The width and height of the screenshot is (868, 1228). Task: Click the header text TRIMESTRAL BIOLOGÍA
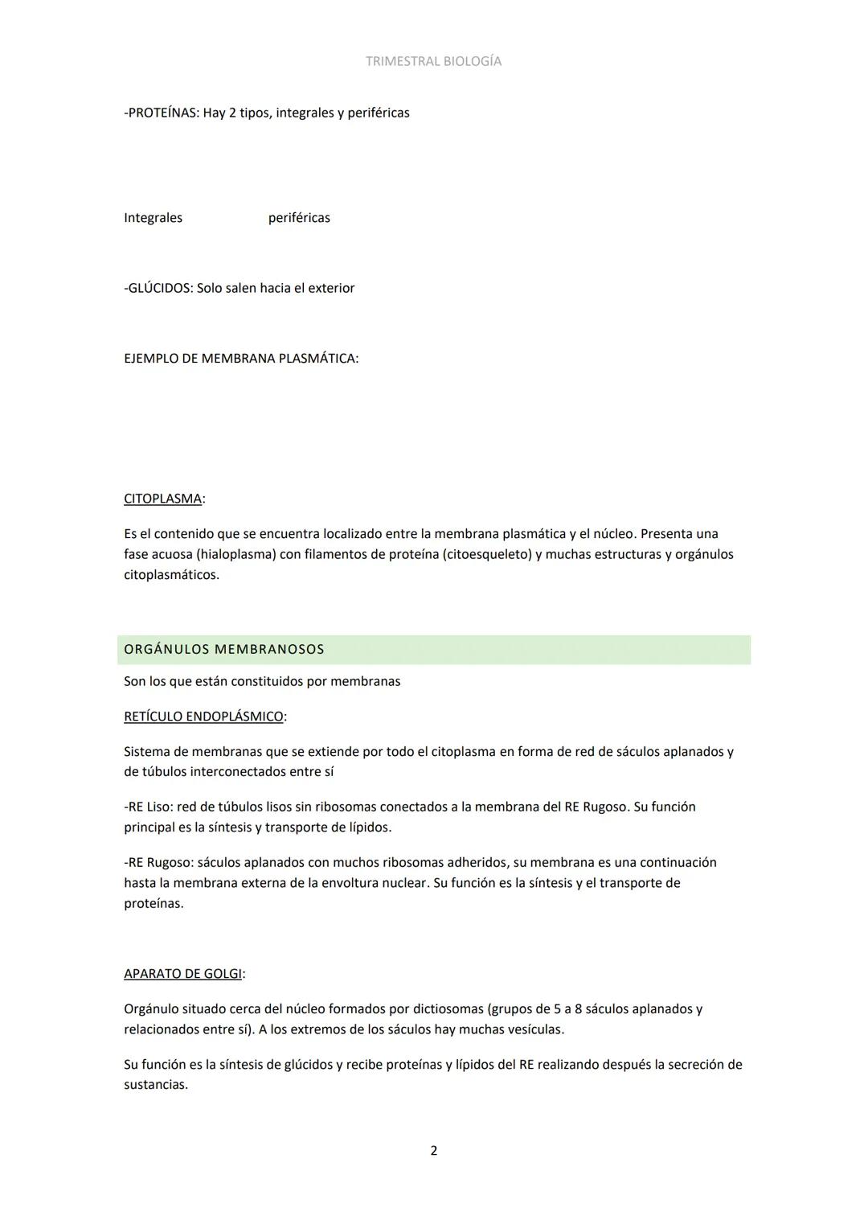click(433, 61)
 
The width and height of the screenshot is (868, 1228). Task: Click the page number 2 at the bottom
click(434, 1151)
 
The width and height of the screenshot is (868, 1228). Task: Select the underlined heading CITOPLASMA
click(162, 499)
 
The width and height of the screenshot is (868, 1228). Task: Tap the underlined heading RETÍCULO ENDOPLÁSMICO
click(203, 717)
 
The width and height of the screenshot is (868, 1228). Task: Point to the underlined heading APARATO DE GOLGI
click(182, 974)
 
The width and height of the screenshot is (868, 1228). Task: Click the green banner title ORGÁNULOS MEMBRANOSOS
click(224, 650)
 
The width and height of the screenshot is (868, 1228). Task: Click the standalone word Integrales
click(153, 218)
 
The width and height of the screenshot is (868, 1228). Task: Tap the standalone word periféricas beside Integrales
click(299, 218)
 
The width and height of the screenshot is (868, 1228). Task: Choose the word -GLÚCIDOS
click(158, 288)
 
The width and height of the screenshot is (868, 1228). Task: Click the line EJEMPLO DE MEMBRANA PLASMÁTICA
click(240, 359)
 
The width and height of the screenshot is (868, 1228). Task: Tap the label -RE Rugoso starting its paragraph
click(158, 863)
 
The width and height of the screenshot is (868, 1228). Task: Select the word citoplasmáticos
click(170, 575)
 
